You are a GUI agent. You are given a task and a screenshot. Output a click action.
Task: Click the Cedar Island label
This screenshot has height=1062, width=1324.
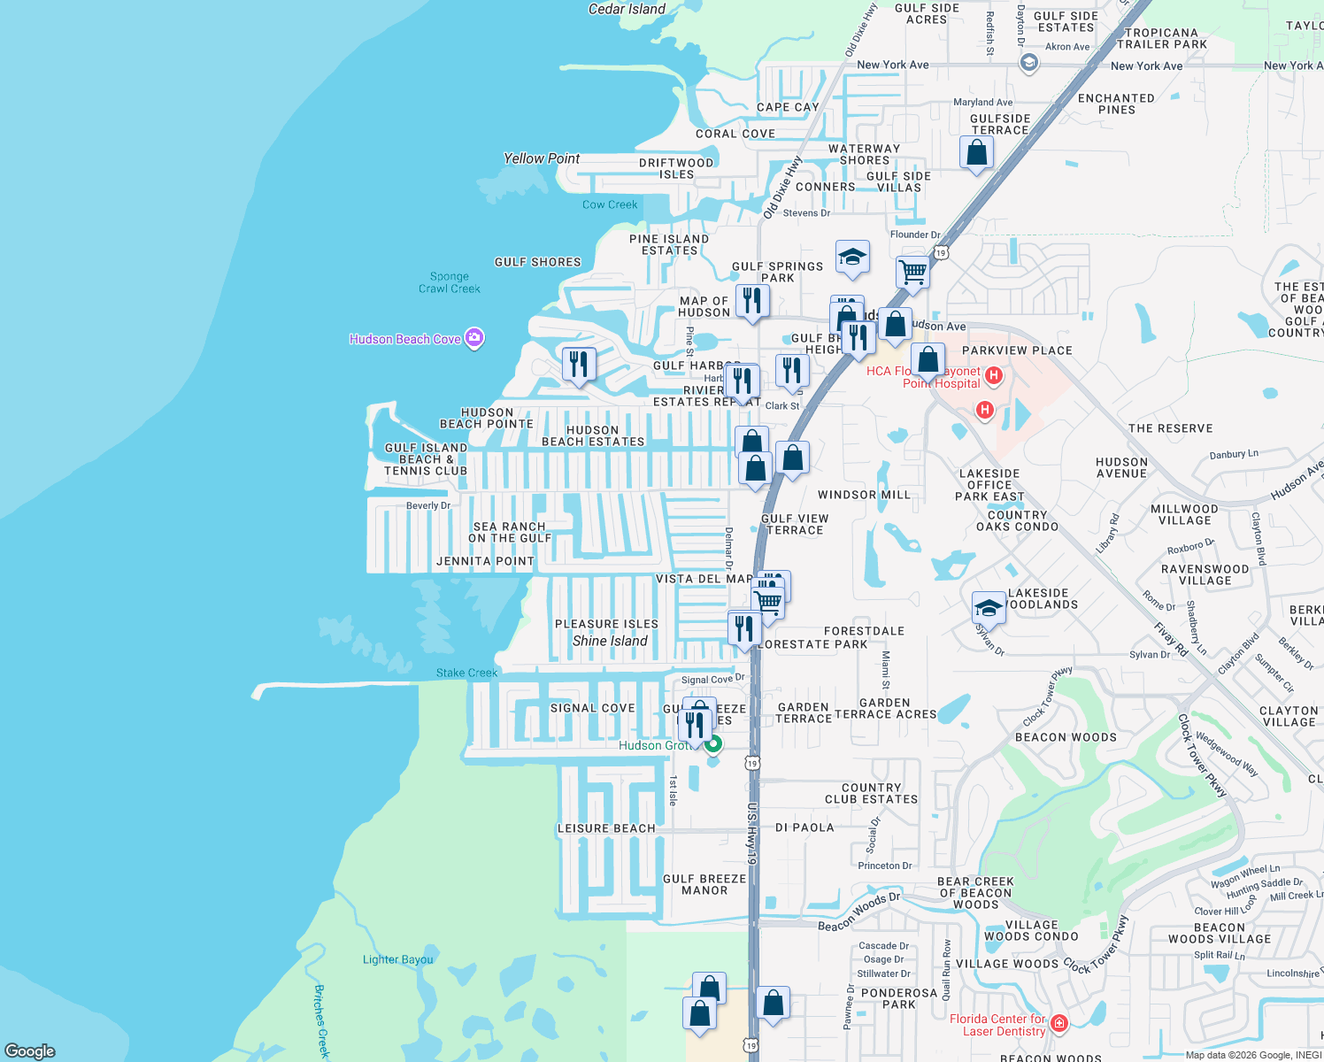tap(627, 9)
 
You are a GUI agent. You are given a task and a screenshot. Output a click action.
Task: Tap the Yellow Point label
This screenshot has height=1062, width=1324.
tap(542, 158)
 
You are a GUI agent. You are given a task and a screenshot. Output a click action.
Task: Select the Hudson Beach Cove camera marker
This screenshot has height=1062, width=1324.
tap(474, 338)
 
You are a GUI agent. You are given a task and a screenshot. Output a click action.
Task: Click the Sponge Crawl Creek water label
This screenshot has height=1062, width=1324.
tap(450, 282)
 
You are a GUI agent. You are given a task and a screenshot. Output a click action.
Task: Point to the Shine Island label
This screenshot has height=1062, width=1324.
tap(610, 641)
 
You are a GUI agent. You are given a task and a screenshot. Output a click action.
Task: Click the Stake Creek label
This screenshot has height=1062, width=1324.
tap(466, 673)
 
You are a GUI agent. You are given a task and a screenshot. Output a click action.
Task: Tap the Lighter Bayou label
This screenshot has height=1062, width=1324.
tap(398, 959)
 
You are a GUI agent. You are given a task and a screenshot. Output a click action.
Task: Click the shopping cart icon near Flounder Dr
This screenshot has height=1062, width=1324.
tap(912, 272)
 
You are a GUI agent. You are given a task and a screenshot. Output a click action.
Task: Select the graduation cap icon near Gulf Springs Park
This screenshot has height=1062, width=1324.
tap(851, 258)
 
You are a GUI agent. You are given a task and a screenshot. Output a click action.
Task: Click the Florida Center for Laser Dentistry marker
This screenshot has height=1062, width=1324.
tap(1059, 1024)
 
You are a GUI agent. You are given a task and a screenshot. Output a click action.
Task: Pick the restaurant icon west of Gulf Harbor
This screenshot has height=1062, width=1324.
tap(578, 364)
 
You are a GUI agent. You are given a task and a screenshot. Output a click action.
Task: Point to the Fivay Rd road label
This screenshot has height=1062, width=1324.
tap(1170, 640)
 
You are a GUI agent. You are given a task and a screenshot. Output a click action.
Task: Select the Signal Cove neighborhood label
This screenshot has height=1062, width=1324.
tap(592, 708)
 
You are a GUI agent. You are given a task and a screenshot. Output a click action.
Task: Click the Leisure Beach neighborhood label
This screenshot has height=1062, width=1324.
tap(606, 828)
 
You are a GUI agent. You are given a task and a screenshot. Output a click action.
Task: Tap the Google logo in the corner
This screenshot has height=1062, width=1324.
tap(30, 1050)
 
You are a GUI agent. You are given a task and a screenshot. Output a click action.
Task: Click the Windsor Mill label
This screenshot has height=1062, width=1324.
tap(864, 495)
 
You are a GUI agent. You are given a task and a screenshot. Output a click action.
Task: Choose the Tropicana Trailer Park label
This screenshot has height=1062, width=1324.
tap(1161, 38)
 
